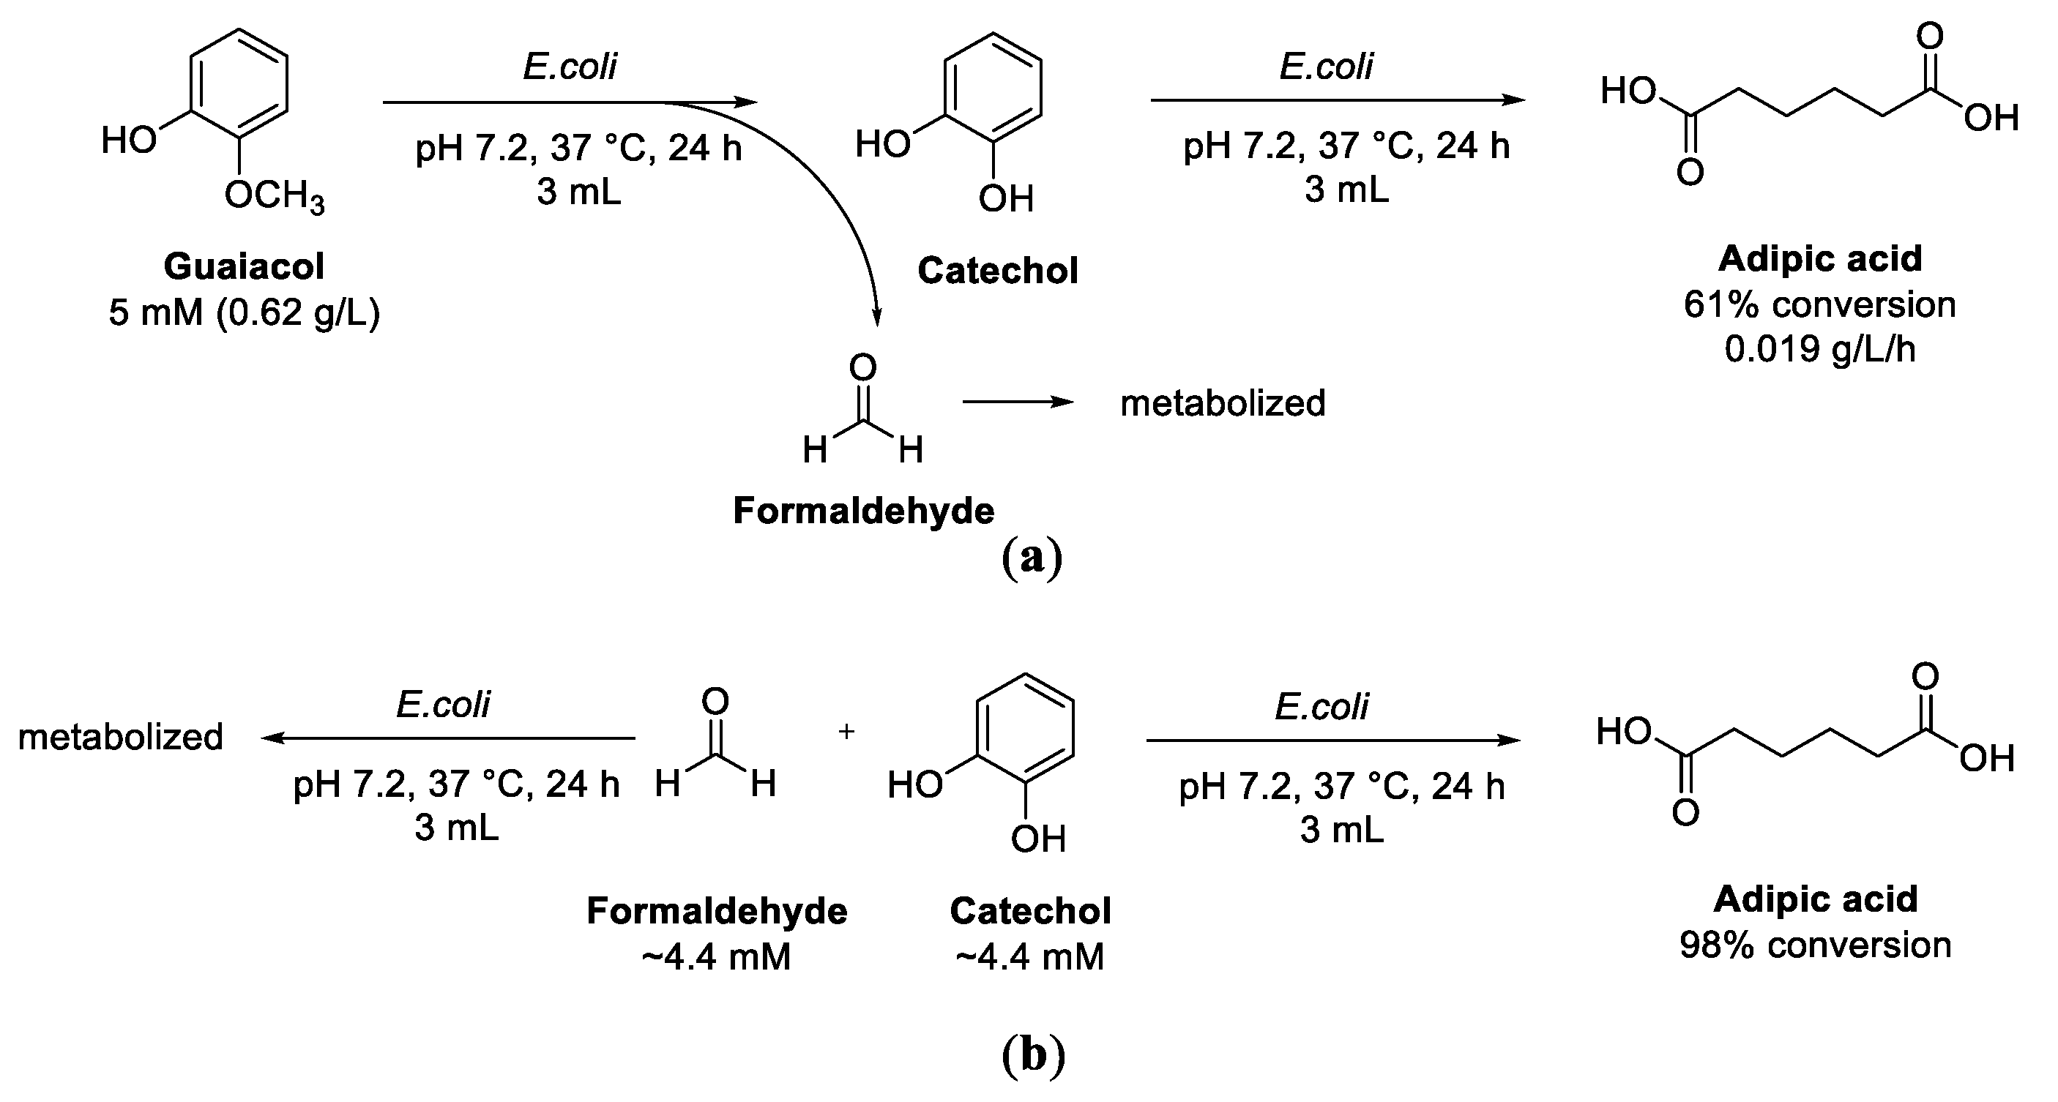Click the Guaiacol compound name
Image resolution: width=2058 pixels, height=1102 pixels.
pyautogui.click(x=244, y=266)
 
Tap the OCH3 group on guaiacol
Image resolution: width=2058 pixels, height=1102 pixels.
pyautogui.click(x=274, y=195)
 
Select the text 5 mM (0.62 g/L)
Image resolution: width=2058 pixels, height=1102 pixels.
pyautogui.click(x=244, y=312)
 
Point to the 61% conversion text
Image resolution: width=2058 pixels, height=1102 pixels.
pyautogui.click(x=1819, y=304)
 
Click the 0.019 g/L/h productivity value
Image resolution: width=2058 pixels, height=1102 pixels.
pyautogui.click(x=1819, y=349)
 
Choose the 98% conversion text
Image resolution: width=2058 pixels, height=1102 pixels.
pyautogui.click(x=1815, y=945)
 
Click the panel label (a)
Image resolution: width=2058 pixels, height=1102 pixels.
pyautogui.click(x=1032, y=558)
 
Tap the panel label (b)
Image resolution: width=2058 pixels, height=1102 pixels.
pyautogui.click(x=1033, y=1055)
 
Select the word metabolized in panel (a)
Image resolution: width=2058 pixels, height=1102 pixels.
pyautogui.click(x=1223, y=402)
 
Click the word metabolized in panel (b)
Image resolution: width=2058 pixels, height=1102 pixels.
pyautogui.click(x=121, y=736)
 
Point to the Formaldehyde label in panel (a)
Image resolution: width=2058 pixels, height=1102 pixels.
pyautogui.click(x=864, y=510)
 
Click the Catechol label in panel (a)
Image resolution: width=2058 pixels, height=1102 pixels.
pyautogui.click(x=997, y=271)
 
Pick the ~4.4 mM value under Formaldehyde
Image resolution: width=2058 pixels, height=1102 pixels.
pyautogui.click(x=716, y=956)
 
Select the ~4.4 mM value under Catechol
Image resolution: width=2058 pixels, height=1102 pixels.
pyautogui.click(x=1030, y=956)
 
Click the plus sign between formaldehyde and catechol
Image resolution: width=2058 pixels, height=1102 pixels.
pyautogui.click(x=846, y=731)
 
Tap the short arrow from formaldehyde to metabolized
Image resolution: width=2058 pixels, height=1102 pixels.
pyautogui.click(x=1018, y=402)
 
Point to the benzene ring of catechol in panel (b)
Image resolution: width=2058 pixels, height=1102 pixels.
pyautogui.click(x=1025, y=727)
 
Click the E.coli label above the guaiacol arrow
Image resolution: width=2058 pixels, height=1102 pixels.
pyautogui.click(x=570, y=67)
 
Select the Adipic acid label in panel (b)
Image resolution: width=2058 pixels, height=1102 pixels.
pyautogui.click(x=1815, y=899)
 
